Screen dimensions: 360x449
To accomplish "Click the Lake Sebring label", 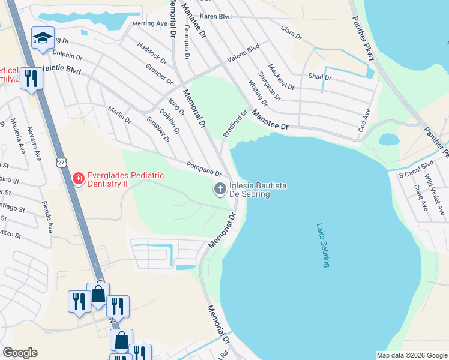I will pyautogui.click(x=322, y=245).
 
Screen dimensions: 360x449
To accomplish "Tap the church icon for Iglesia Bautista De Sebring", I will pyautogui.click(x=220, y=190).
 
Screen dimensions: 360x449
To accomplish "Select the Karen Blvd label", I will pyautogui.click(x=215, y=17).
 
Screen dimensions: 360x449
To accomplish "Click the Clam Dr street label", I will pyautogui.click(x=291, y=32).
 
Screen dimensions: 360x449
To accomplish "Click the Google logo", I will pyautogui.click(x=20, y=353).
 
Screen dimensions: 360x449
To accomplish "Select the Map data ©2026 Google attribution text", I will pyautogui.click(x=411, y=355).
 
